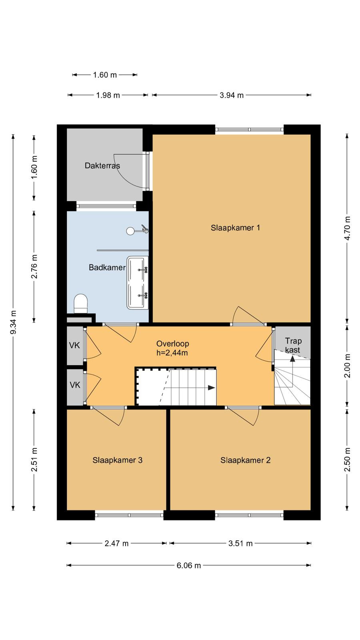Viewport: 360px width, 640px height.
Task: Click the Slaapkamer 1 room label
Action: (236, 228)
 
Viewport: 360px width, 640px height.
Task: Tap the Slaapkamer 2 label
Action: (246, 460)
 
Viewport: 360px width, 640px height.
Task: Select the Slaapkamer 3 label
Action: (118, 460)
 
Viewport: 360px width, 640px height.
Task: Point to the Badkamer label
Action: (107, 268)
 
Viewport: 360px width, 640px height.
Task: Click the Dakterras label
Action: (102, 166)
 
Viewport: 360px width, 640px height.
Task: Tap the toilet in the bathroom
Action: (80, 304)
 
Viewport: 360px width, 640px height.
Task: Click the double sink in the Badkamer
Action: (138, 282)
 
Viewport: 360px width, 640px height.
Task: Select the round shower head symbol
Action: (130, 231)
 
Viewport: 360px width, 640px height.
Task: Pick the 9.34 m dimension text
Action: (13, 322)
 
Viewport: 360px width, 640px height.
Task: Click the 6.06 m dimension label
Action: (188, 566)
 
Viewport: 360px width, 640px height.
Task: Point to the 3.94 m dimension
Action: (232, 95)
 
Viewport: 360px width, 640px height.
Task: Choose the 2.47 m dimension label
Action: (116, 543)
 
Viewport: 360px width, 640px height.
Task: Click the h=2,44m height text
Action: (172, 353)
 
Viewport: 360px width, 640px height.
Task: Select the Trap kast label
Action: (293, 346)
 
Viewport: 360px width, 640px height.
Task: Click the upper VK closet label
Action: (74, 346)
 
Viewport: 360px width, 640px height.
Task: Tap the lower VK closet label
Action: (75, 385)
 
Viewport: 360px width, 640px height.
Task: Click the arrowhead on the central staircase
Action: (212, 388)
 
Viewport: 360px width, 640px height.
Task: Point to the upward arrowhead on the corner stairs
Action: (292, 358)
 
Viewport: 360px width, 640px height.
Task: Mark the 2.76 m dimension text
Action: (34, 266)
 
